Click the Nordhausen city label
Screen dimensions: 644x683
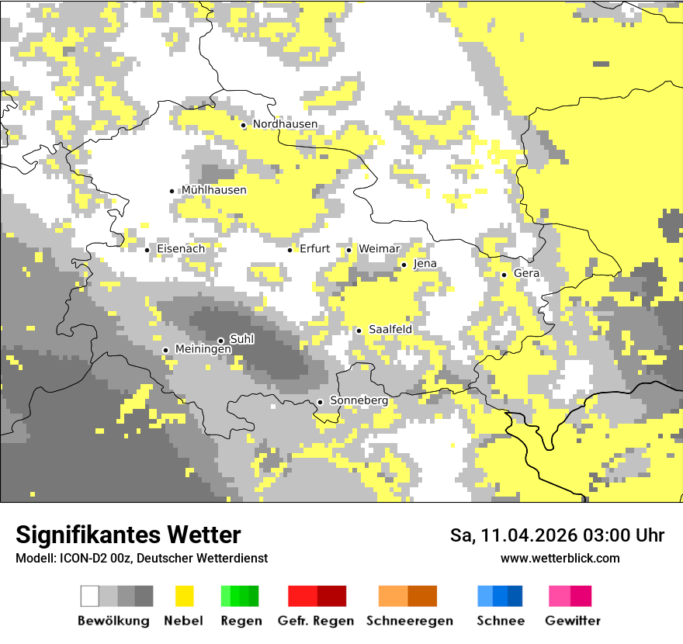point(285,124)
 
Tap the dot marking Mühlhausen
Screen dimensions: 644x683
point(172,191)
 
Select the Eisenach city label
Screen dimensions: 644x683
point(181,249)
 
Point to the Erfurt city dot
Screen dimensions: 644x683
point(290,250)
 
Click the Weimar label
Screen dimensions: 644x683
point(379,249)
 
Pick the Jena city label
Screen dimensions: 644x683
point(425,264)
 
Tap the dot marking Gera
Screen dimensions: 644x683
point(504,275)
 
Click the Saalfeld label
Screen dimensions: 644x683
point(390,330)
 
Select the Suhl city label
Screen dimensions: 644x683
point(241,339)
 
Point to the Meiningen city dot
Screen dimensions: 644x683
point(165,351)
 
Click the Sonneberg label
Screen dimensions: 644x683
point(359,400)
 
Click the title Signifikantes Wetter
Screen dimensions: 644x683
point(128,535)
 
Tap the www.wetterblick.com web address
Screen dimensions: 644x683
point(560,558)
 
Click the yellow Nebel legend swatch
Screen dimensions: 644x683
point(184,596)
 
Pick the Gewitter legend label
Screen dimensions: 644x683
point(572,621)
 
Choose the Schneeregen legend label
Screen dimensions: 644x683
point(409,621)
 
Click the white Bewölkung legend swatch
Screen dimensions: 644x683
point(90,596)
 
